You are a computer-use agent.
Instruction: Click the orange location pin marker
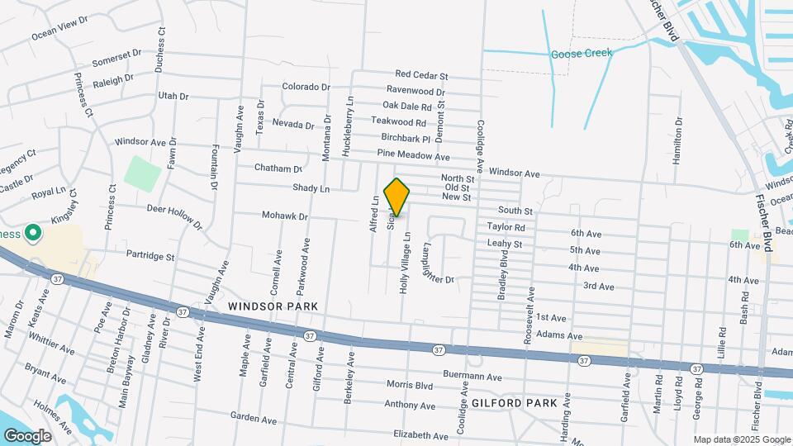[x=397, y=197]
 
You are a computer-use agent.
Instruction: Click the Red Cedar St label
[x=421, y=74]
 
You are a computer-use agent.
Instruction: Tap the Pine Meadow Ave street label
[x=413, y=155]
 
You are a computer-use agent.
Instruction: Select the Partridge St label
[x=150, y=256]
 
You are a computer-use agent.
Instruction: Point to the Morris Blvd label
[x=411, y=385]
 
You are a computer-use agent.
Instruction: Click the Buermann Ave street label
[x=472, y=377]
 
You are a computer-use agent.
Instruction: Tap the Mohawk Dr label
[x=285, y=216]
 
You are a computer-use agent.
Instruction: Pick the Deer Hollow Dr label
[x=174, y=216]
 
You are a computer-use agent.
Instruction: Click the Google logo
[x=26, y=435]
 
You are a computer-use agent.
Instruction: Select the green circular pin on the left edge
[x=33, y=234]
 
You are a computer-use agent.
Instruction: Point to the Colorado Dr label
[x=306, y=87]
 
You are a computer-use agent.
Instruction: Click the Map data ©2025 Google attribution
[x=741, y=439]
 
